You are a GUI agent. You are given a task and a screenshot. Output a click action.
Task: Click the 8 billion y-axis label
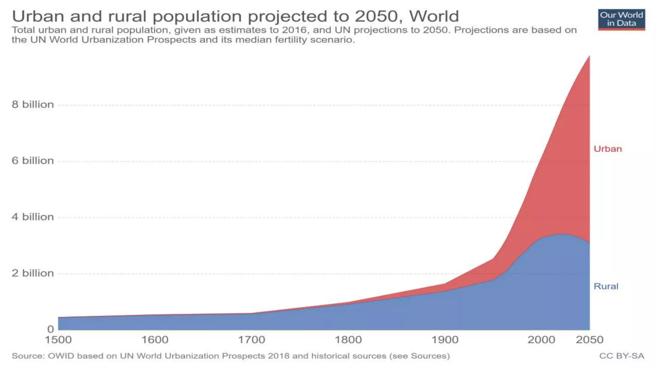(33, 104)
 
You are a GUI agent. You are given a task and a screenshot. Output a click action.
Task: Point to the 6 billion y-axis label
(33, 161)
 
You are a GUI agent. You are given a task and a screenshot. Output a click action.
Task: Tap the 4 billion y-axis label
(33, 217)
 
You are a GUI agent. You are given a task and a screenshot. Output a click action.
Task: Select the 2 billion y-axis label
(33, 273)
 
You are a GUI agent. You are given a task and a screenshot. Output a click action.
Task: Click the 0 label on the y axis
(50, 329)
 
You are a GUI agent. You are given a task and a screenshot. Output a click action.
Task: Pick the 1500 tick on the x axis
(58, 340)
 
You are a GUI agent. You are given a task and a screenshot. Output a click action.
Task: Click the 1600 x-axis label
(155, 340)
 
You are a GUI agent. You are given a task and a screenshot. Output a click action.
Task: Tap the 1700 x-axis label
(252, 340)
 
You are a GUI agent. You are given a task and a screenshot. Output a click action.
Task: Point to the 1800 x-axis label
(348, 340)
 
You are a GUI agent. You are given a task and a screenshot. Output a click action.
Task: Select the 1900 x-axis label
(445, 340)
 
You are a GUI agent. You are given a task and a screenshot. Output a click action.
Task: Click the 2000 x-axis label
(542, 340)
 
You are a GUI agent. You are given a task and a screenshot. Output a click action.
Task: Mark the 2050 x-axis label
(590, 340)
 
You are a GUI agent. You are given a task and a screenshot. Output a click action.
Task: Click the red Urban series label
(608, 149)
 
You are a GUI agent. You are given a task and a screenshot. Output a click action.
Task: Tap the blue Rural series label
(606, 286)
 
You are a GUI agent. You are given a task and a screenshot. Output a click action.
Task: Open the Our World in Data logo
(621, 20)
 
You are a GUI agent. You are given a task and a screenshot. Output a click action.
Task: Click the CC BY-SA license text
(622, 356)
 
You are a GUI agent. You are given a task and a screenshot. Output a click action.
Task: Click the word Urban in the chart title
(38, 16)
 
